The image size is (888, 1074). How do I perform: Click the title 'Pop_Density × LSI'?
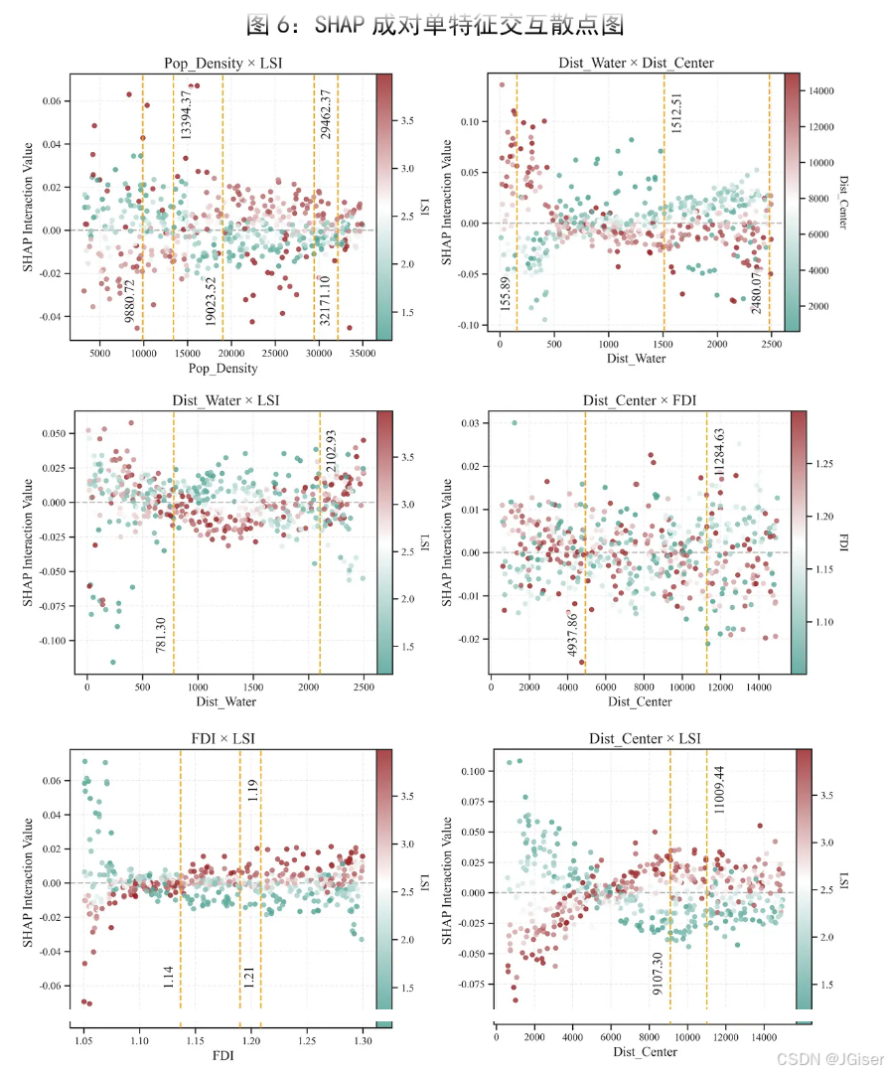click(x=223, y=63)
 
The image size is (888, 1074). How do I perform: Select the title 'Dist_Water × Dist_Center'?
click(x=636, y=63)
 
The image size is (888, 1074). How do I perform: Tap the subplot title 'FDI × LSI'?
click(x=223, y=738)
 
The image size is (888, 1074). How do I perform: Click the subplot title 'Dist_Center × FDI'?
click(x=640, y=400)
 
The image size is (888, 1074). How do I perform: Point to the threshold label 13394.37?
click(x=186, y=115)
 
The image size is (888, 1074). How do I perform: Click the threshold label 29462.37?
click(x=325, y=113)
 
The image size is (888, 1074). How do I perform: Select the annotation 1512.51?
click(x=676, y=113)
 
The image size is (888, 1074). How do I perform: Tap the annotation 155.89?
click(x=506, y=294)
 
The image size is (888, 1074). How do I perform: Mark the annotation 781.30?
click(x=161, y=635)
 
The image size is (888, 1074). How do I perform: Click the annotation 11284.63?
click(x=719, y=452)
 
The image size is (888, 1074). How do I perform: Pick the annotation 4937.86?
click(x=572, y=634)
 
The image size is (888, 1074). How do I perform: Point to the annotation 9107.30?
click(x=658, y=974)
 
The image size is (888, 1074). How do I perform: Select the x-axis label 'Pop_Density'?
click(x=223, y=368)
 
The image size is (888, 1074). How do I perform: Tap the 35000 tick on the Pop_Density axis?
click(x=363, y=354)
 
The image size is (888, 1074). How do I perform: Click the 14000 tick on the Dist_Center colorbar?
click(x=820, y=91)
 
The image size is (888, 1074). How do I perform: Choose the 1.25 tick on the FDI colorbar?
click(x=824, y=464)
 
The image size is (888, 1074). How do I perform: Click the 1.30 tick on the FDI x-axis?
click(x=363, y=1040)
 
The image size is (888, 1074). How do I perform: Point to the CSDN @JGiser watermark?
click(x=830, y=1060)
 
